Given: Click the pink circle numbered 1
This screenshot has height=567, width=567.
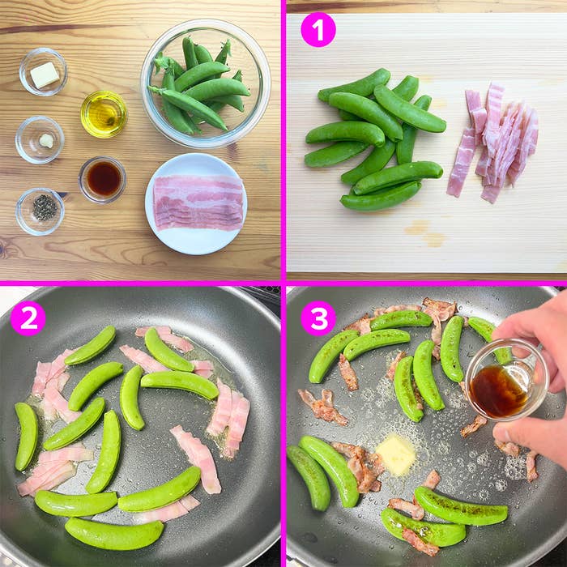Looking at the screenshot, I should (x=318, y=30).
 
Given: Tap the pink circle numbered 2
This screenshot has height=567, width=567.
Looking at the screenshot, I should (x=28, y=318).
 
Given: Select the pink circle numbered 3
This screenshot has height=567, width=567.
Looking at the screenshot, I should (x=318, y=318).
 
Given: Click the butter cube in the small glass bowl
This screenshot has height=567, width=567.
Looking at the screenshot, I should (x=44, y=75).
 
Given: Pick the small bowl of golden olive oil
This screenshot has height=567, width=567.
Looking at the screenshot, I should (x=104, y=114).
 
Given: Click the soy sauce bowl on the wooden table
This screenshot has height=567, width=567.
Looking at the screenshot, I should (x=103, y=178).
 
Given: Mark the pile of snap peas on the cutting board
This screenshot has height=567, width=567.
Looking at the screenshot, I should (x=373, y=138).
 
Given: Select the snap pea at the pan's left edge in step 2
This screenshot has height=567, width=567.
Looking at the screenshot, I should (x=27, y=436).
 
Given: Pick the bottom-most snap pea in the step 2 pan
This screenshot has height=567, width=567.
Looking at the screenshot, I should (x=113, y=533).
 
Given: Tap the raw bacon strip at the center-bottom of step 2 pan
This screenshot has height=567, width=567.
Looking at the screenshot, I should (x=195, y=457).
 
